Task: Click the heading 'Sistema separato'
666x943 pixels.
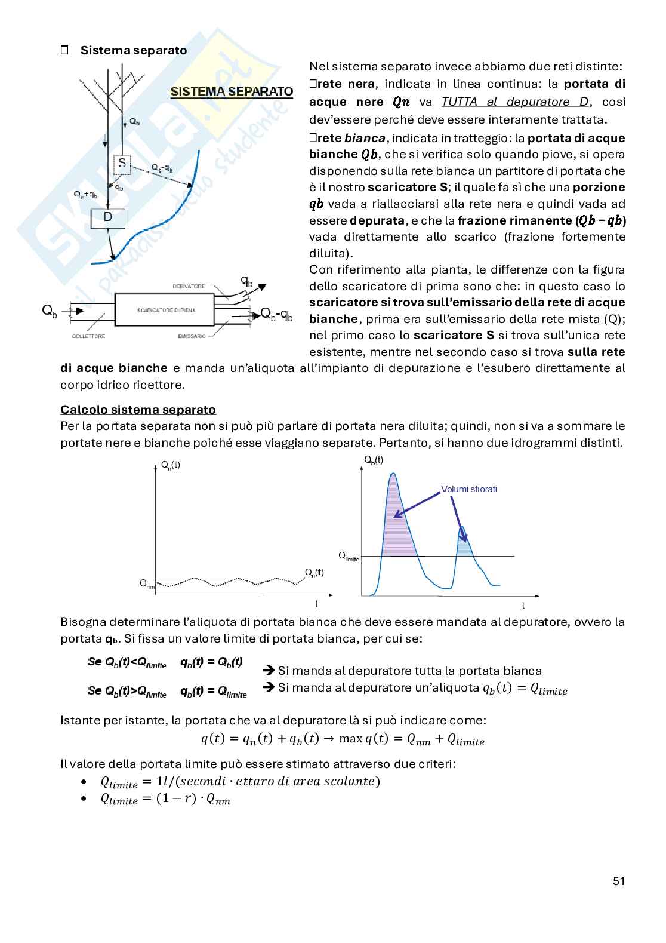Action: point(134,50)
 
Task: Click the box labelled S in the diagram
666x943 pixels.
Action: point(122,163)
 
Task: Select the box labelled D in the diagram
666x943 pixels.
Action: point(108,217)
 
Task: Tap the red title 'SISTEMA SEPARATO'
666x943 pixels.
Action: point(232,92)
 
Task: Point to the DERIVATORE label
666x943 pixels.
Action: point(189,287)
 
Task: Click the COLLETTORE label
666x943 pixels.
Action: point(88,336)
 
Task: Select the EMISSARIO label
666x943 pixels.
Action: point(192,336)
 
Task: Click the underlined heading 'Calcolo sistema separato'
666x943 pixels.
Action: point(138,410)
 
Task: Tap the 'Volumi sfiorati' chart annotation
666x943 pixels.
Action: point(469,489)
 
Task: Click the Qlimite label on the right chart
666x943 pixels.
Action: point(350,557)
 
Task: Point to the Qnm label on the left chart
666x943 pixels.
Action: point(147,583)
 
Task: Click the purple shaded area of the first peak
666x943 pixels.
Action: point(397,526)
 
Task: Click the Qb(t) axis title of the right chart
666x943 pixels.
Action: point(374,459)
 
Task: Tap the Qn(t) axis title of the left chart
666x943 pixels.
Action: point(171,465)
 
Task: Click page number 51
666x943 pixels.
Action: point(618,881)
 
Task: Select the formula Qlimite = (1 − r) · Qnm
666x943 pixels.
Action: point(165,800)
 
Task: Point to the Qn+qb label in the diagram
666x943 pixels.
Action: point(85,194)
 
